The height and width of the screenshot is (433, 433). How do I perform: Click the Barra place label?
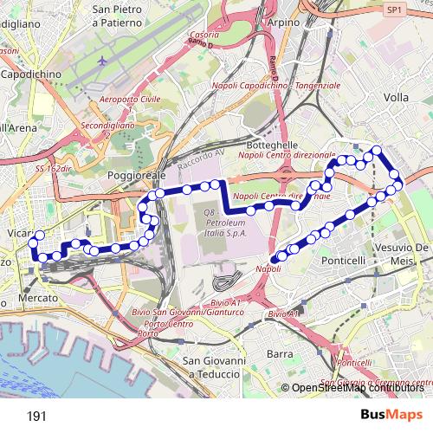[280, 353]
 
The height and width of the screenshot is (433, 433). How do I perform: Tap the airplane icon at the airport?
[105, 61]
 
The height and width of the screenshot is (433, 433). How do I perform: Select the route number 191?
[36, 416]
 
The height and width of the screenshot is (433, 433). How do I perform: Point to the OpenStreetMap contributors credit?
[357, 388]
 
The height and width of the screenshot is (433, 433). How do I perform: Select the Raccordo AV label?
[201, 160]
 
